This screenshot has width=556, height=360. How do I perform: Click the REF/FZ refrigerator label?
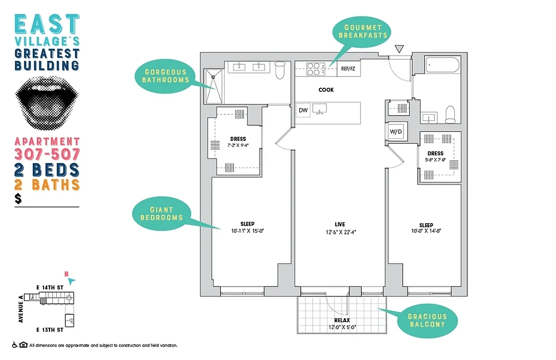point(348,69)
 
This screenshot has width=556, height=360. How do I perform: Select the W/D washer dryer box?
point(396,132)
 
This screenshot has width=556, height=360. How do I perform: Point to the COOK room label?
point(326,90)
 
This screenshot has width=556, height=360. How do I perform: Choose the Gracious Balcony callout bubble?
point(426,320)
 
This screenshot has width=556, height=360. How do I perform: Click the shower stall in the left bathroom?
point(214,86)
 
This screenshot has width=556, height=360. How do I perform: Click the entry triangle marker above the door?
point(399,49)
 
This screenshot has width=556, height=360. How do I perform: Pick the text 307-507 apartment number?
point(47,154)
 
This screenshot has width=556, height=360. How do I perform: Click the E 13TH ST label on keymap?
point(50,330)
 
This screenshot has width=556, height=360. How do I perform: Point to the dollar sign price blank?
point(18,198)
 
